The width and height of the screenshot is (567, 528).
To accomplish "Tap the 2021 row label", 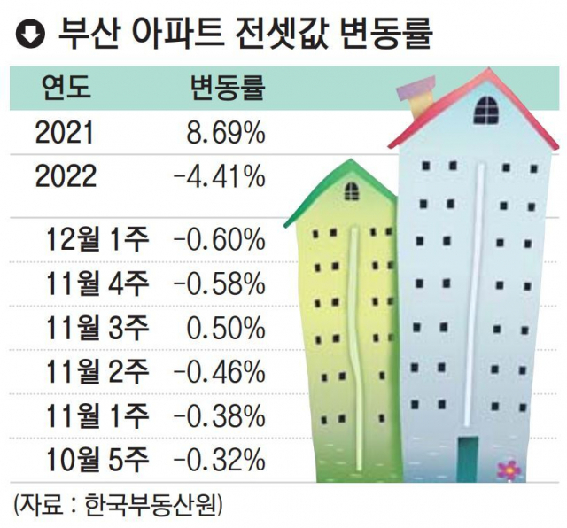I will click(x=64, y=135).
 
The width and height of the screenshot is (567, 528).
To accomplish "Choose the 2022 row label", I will click(x=66, y=177).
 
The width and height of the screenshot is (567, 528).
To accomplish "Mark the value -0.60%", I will click(x=220, y=239).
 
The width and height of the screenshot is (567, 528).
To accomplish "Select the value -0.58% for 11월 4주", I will click(x=220, y=283).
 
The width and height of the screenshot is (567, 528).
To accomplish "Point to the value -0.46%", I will click(x=220, y=372).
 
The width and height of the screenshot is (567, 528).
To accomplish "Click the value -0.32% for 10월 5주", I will click(x=220, y=459).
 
